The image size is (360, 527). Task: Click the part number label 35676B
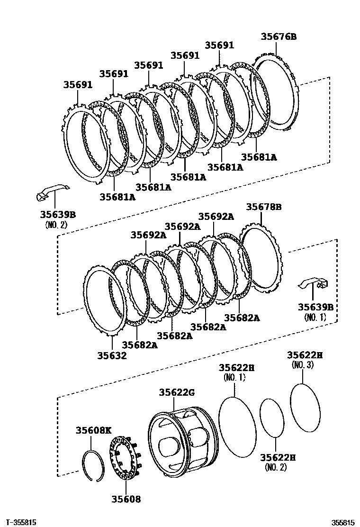(279, 36)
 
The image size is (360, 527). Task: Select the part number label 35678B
(264, 207)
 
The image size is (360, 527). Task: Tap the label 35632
(112, 355)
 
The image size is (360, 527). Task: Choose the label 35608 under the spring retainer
(126, 499)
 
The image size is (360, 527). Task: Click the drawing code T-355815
(20, 522)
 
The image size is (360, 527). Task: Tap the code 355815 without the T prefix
(342, 522)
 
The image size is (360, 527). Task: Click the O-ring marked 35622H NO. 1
(237, 427)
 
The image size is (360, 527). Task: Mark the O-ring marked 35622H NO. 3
(304, 407)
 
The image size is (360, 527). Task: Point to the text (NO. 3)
(303, 365)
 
